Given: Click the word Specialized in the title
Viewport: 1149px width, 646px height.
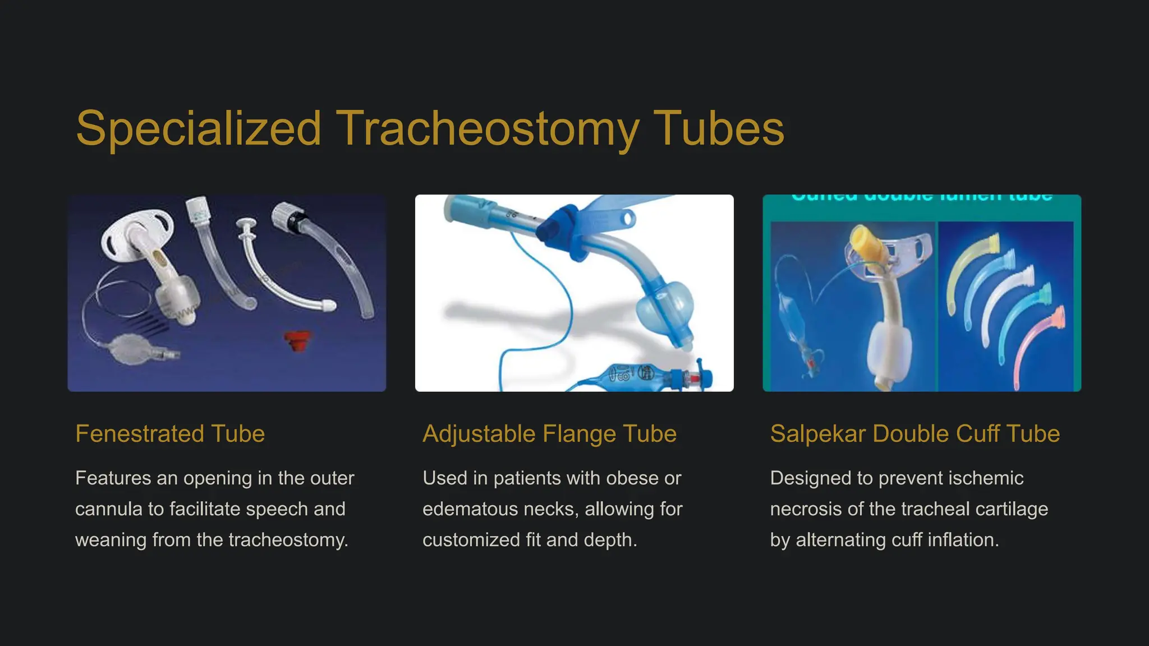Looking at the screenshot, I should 199,128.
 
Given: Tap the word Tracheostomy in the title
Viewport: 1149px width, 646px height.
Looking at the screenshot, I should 487,128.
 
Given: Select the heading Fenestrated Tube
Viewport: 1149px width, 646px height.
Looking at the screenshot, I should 170,433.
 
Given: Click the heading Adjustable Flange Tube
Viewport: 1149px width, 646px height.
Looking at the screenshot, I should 549,433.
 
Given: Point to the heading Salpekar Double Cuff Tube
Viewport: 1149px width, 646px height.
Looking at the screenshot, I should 914,433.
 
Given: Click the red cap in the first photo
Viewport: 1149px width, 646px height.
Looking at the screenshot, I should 297,340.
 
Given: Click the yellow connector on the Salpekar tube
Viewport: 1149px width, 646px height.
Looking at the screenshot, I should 866,243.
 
